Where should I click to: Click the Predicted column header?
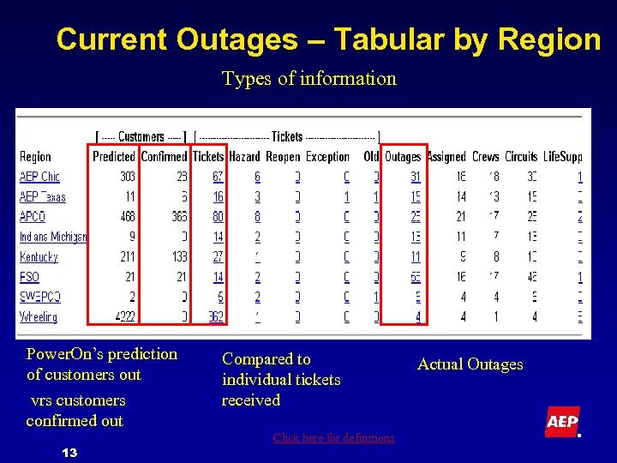point(114,156)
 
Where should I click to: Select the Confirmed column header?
point(164,156)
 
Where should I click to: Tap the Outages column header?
point(403,156)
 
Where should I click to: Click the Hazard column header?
point(244,156)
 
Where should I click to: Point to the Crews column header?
point(485,156)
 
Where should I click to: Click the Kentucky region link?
point(39,256)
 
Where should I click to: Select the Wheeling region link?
point(39,316)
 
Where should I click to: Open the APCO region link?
point(33,216)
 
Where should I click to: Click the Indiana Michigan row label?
point(53,237)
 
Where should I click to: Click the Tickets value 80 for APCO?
point(218,216)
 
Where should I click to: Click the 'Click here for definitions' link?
point(333,438)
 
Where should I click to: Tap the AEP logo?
point(562,422)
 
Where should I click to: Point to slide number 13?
point(70,452)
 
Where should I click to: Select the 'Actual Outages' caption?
point(470,364)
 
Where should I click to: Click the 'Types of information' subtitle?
point(308,79)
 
